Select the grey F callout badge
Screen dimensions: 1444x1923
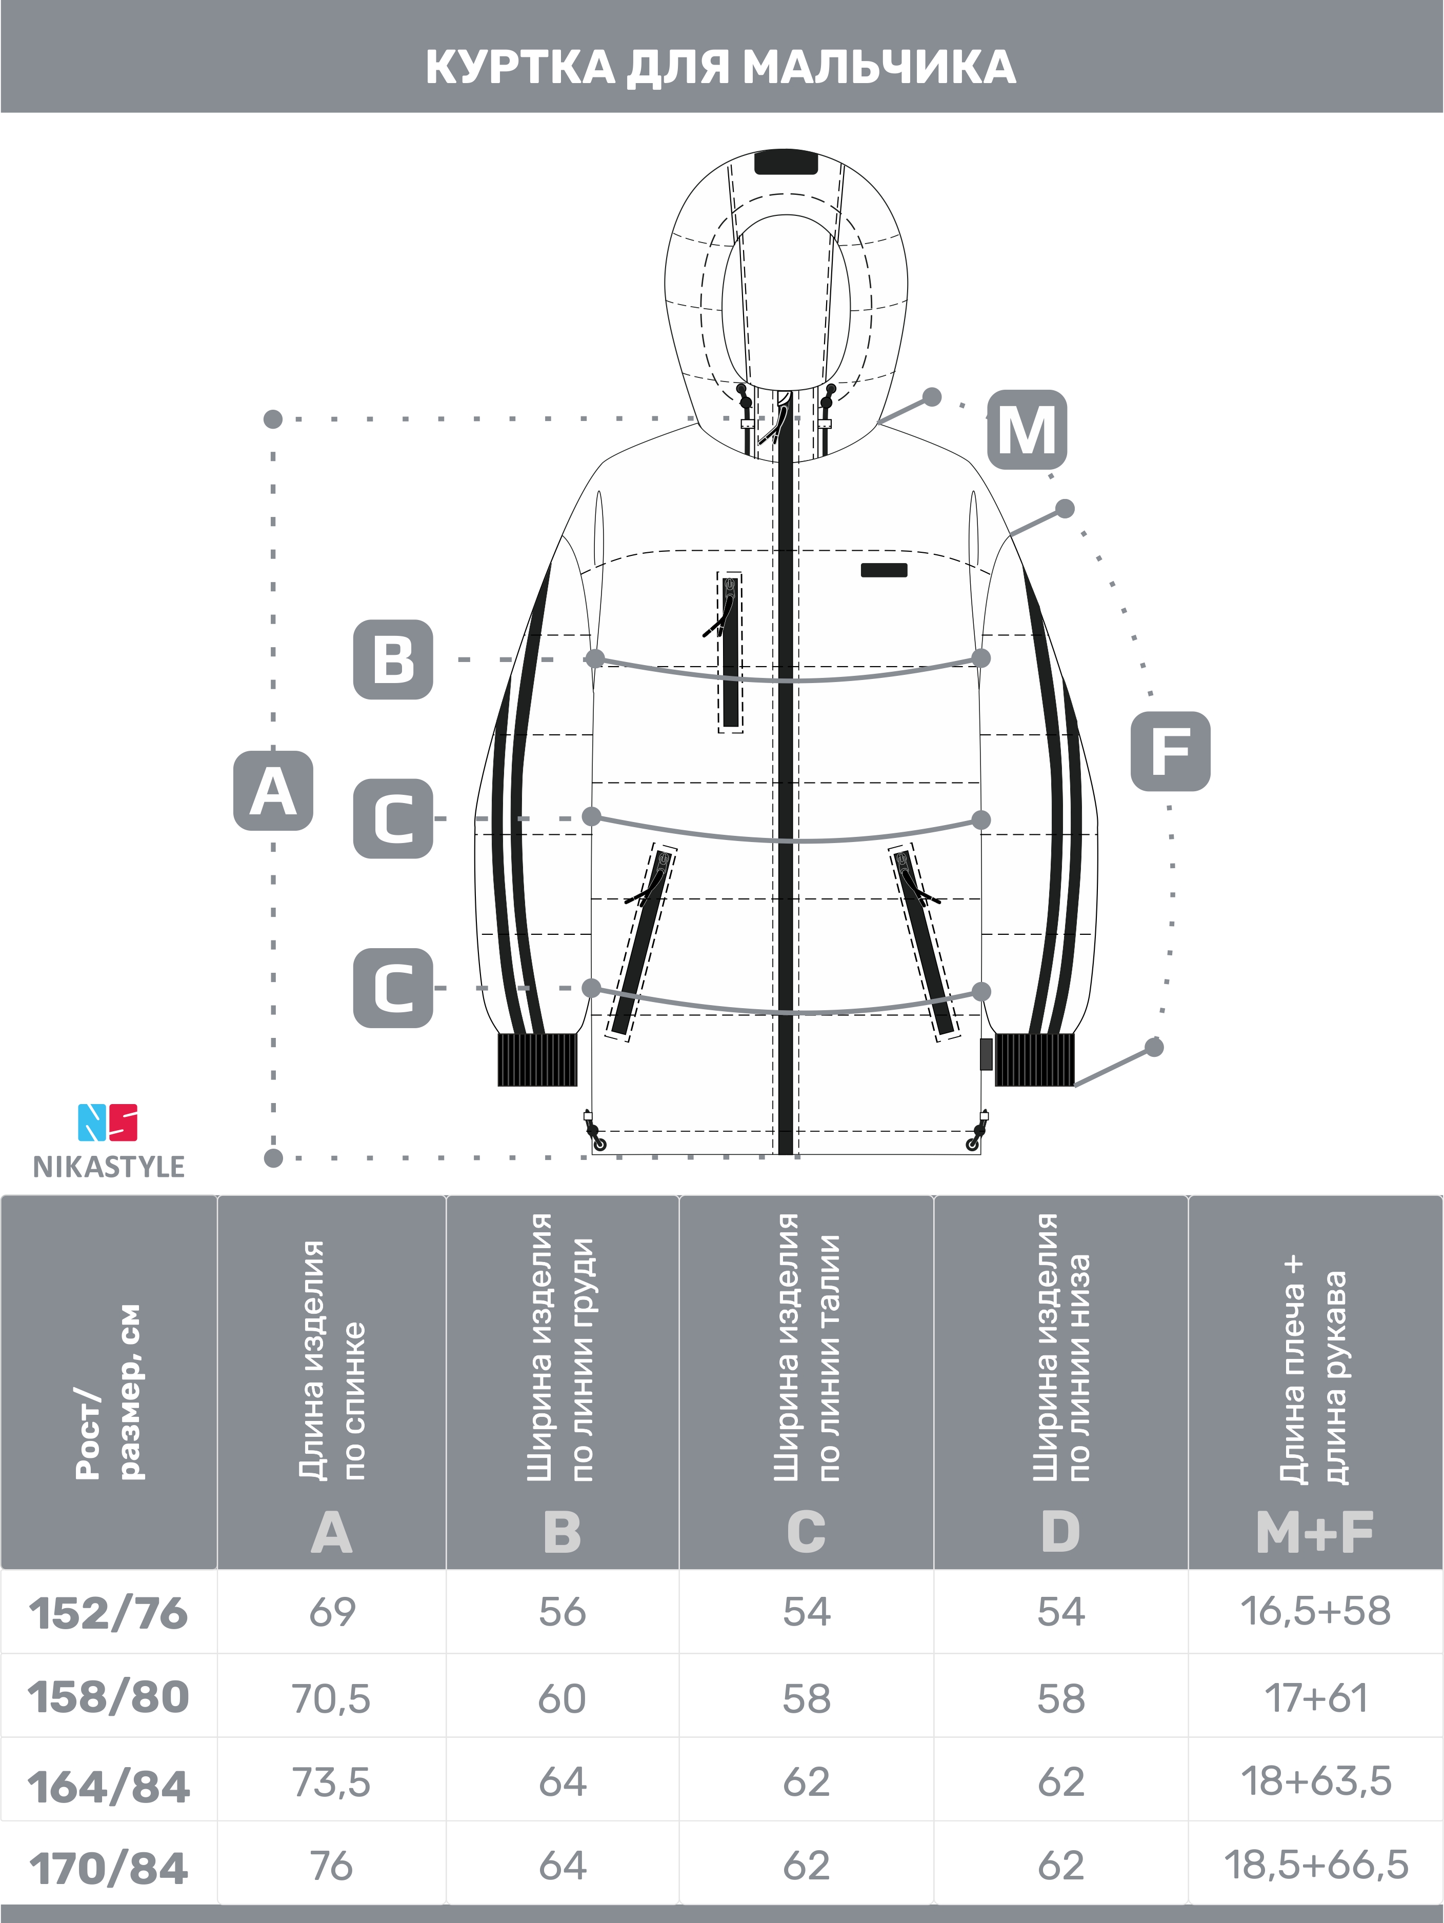[x=1170, y=751]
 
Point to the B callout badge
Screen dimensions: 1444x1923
[x=393, y=659]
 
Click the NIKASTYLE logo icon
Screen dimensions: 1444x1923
[x=108, y=1123]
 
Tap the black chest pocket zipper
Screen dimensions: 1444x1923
[x=730, y=652]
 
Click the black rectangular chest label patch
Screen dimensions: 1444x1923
[x=884, y=570]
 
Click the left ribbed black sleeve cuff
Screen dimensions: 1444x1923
[x=537, y=1060]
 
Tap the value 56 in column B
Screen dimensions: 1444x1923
[x=563, y=1613]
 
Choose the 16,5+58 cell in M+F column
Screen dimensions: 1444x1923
[x=1315, y=1612]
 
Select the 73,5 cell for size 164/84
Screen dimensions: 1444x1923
[x=331, y=1783]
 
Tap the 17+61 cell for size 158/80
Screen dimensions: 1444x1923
[x=1315, y=1698]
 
